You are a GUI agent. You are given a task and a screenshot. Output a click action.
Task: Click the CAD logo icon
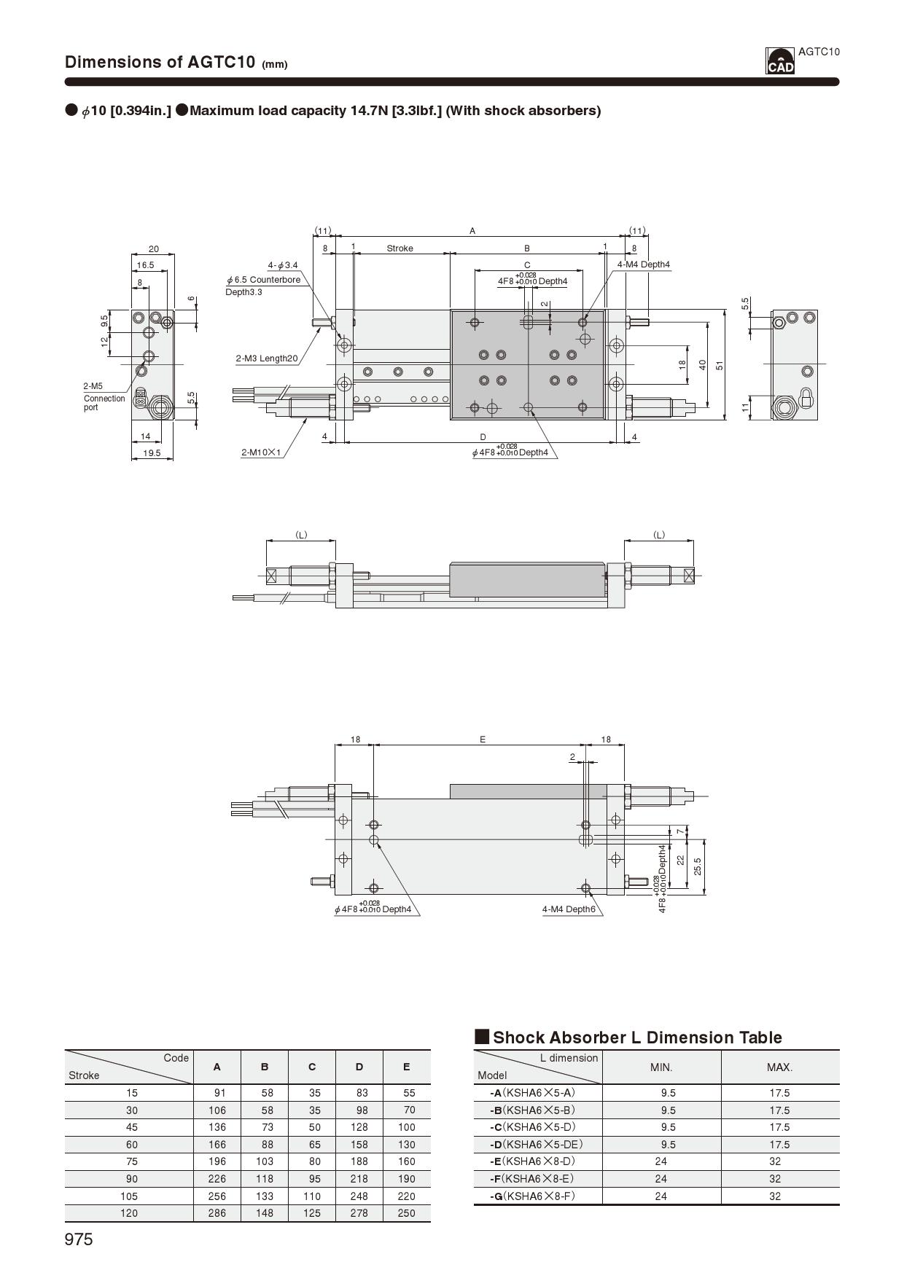tap(779, 61)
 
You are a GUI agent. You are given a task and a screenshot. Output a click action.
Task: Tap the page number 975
tap(79, 1239)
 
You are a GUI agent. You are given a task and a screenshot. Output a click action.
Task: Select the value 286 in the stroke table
tap(217, 1213)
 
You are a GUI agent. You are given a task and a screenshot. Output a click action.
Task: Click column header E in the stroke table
tap(406, 1067)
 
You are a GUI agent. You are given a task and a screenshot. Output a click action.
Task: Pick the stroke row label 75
tap(131, 1161)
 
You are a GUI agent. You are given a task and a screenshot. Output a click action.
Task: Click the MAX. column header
tap(779, 1067)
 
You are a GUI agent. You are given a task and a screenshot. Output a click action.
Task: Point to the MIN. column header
tap(661, 1067)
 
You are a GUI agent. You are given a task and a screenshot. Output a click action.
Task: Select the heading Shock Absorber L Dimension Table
tap(637, 1038)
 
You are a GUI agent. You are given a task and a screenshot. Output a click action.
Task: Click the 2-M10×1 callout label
tap(261, 452)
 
